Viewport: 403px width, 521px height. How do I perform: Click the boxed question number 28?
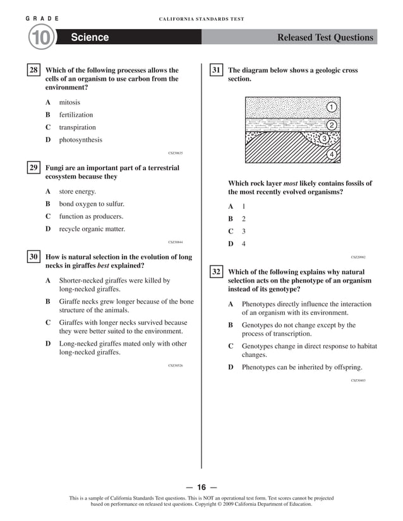(33, 71)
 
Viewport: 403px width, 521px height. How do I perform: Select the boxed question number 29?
(33, 168)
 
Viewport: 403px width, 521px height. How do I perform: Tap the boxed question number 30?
(33, 257)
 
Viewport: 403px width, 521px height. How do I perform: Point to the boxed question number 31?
(216, 71)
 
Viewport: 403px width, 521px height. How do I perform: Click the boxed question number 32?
(216, 272)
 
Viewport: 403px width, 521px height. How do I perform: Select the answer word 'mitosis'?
(69, 102)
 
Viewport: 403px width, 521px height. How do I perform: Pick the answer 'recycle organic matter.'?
(92, 229)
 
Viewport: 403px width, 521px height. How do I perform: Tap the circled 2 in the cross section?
(331, 125)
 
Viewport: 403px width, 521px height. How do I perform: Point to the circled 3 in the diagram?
(323, 139)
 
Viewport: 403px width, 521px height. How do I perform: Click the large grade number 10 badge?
(40, 38)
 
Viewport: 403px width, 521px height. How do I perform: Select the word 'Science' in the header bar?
(90, 38)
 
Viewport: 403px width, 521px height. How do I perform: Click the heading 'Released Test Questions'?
(325, 38)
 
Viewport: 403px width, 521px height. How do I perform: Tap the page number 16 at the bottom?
(201, 487)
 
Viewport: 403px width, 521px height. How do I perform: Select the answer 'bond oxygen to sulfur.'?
(92, 204)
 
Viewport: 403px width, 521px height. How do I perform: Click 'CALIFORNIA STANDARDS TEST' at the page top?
(201, 19)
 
